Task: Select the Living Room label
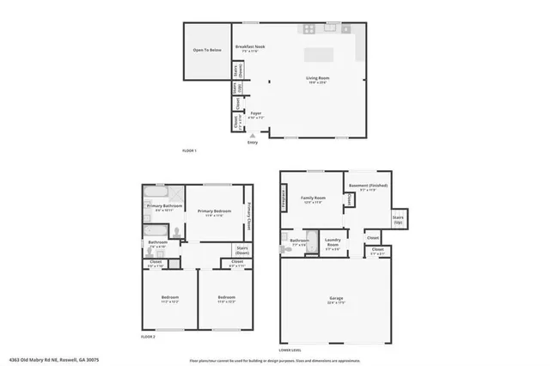tap(318, 79)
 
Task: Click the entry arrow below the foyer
tap(252, 136)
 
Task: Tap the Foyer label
tap(255, 113)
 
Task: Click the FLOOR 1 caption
tap(190, 151)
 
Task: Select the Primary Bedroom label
tap(214, 211)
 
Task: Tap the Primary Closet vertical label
tap(249, 215)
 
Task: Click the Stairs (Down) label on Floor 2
tap(243, 251)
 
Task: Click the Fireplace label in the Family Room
tap(284, 197)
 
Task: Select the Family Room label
tap(311, 199)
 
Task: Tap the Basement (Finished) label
tap(367, 186)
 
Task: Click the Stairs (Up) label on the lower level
tap(398, 220)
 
